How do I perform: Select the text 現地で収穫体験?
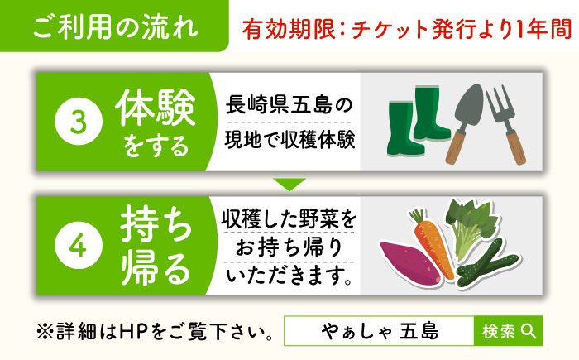289,138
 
